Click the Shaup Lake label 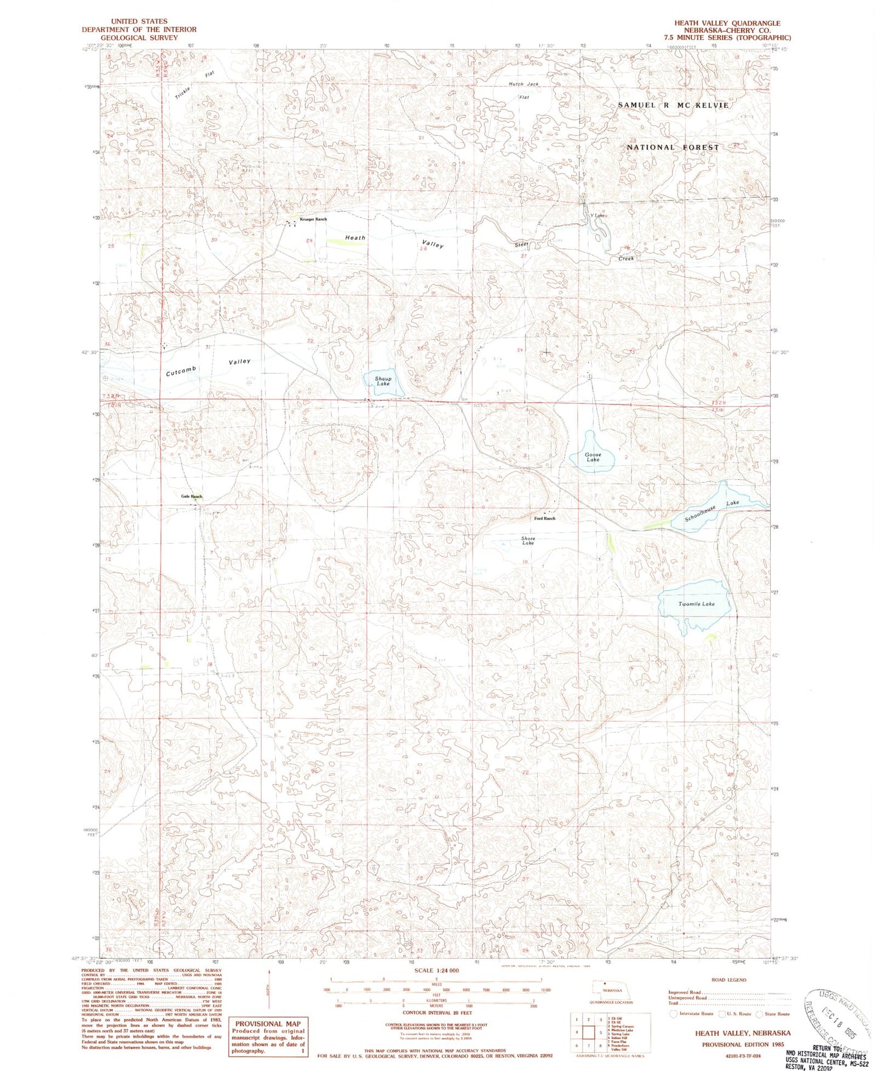point(382,381)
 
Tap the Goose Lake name point(593,457)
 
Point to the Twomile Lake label point(696,604)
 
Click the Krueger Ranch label point(313,219)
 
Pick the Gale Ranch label point(191,496)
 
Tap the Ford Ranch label point(544,518)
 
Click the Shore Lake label point(528,540)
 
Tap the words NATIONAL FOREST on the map point(672,148)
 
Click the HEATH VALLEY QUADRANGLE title point(727,23)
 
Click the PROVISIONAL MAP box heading point(268,1023)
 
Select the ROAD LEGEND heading point(728,980)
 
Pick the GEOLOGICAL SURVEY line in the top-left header point(139,38)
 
